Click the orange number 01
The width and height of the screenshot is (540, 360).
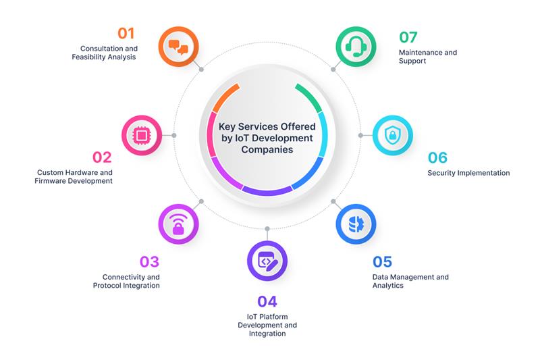pyautogui.click(x=126, y=33)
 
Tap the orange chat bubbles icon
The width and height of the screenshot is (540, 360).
pyautogui.click(x=178, y=47)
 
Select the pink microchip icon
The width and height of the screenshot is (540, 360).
pyautogui.click(x=142, y=135)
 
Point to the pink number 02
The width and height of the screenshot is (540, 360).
pyautogui.click(x=102, y=157)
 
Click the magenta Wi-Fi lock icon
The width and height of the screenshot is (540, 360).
pyautogui.click(x=178, y=224)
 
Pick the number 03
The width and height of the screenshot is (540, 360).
pyautogui.click(x=149, y=262)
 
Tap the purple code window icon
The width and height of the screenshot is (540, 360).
pyautogui.click(x=267, y=261)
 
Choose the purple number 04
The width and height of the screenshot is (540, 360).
pyautogui.click(x=267, y=301)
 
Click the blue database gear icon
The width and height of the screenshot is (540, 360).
pyautogui.click(x=356, y=224)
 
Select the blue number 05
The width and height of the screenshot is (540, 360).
pyautogui.click(x=382, y=262)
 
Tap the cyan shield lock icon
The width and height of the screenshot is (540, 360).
pyautogui.click(x=393, y=135)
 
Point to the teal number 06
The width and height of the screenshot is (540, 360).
pyautogui.click(x=437, y=158)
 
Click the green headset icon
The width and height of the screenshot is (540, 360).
pyautogui.click(x=356, y=47)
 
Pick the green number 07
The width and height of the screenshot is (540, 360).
pyautogui.click(x=408, y=37)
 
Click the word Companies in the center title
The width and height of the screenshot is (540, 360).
pyautogui.click(x=267, y=149)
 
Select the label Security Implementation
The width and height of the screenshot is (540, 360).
pyautogui.click(x=468, y=173)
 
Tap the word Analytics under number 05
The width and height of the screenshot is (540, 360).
pyautogui.click(x=387, y=286)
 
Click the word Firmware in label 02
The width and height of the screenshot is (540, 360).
pyautogui.click(x=50, y=181)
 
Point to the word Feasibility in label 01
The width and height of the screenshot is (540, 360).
pyautogui.click(x=88, y=57)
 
